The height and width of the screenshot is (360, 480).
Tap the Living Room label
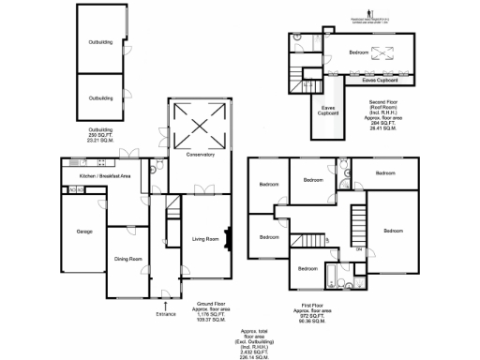click(206, 240)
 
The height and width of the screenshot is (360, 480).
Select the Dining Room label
click(127, 259)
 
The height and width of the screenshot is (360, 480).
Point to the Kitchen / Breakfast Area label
click(104, 176)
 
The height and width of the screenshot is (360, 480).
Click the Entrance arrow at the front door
click(164, 305)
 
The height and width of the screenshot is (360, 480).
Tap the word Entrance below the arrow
click(164, 313)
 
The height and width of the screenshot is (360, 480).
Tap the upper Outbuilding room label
click(101, 42)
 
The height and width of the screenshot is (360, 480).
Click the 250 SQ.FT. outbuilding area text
click(100, 135)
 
